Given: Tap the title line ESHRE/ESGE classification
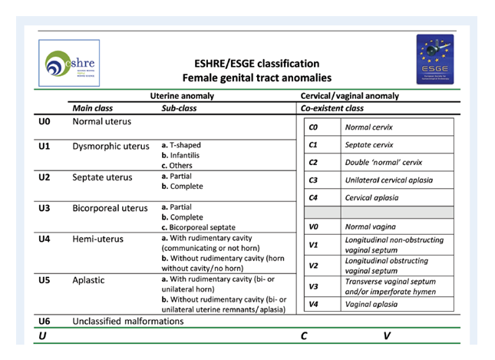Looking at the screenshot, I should tap(256, 64).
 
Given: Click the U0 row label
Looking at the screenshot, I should tap(45, 121).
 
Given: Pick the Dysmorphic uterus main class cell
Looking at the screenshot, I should tap(111, 147).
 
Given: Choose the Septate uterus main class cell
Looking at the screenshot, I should tap(102, 177).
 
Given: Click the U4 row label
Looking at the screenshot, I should tap(45, 239).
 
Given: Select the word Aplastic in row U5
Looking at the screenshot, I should tap(91, 280).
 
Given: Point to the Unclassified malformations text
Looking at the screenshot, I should tap(128, 320).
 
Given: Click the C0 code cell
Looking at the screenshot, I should tap(313, 127).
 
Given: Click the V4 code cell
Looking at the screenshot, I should tap(313, 303).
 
